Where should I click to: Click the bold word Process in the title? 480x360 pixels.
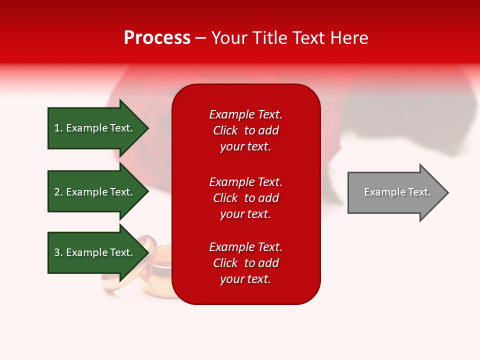tap(157, 38)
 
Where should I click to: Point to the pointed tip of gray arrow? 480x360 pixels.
tap(447, 192)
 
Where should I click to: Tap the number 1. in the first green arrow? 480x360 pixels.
tap(58, 128)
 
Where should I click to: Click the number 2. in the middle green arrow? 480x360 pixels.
tap(58, 192)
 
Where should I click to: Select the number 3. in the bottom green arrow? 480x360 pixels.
tap(58, 252)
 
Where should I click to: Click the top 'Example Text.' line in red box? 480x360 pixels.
tap(245, 114)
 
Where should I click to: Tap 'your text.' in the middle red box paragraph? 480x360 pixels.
tap(245, 214)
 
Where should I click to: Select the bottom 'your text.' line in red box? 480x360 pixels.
tap(245, 279)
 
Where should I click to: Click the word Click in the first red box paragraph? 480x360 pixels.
tap(225, 130)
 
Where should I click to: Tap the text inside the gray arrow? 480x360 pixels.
tap(397, 192)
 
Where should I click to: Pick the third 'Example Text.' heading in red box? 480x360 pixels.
tap(245, 247)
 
